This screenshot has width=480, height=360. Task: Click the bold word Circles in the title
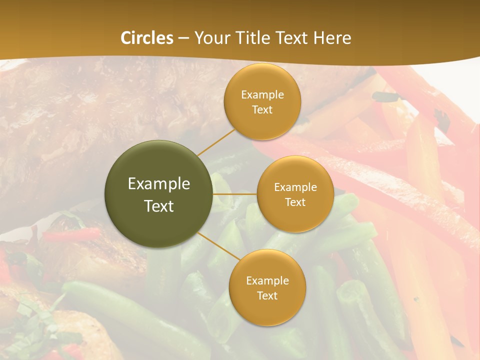[147, 38]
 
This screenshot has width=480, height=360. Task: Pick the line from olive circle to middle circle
[235, 194]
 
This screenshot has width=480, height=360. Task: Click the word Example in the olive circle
[159, 184]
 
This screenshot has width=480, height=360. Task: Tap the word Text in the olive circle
[159, 206]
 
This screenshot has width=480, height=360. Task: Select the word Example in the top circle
[262, 95]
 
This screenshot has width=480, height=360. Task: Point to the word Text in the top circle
[262, 110]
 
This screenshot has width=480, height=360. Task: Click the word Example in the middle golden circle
[295, 187]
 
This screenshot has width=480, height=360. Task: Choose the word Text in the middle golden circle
[295, 202]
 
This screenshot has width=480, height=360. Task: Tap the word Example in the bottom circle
[267, 281]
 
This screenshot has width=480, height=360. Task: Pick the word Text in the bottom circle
[267, 296]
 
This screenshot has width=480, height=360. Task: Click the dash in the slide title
[183, 38]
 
